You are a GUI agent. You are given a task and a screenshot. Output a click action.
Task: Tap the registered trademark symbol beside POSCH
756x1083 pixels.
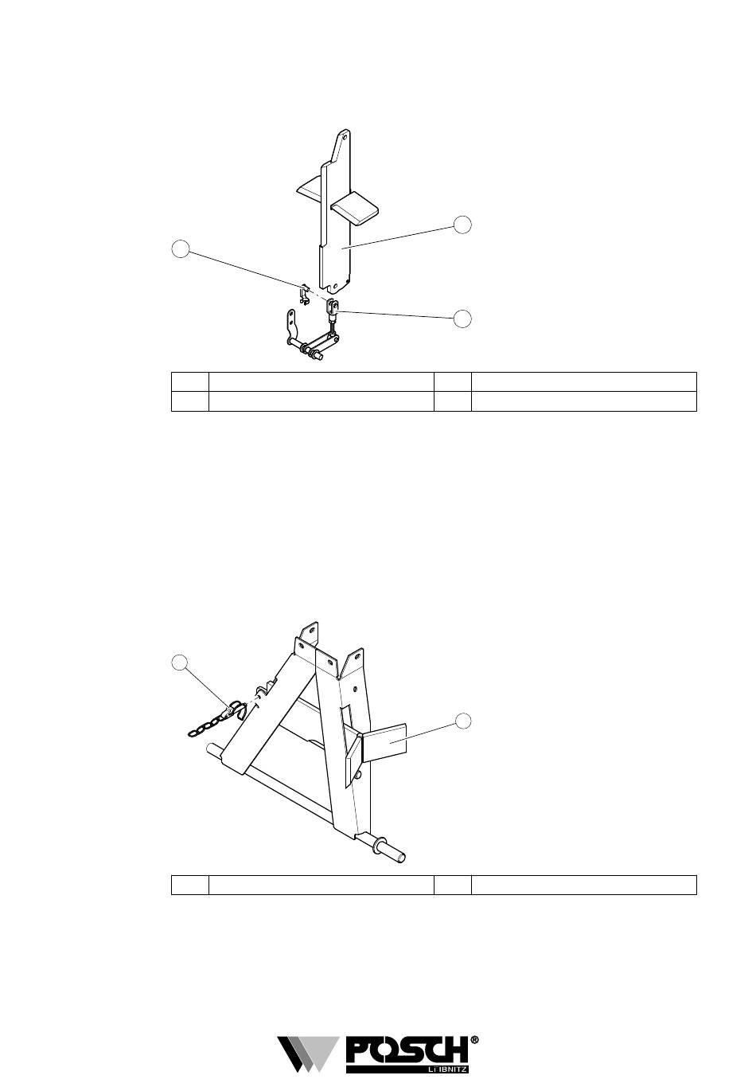tap(475, 1040)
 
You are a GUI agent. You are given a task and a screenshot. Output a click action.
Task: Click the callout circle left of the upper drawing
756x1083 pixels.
tap(181, 249)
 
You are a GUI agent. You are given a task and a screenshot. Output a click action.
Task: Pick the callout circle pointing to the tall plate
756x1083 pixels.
tap(462, 225)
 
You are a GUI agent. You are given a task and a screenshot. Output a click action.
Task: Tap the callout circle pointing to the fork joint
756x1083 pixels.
tap(462, 319)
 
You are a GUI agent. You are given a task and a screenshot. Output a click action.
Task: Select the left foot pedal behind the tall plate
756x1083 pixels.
tap(309, 189)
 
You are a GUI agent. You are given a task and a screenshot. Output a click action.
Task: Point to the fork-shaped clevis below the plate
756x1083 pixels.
tap(333, 307)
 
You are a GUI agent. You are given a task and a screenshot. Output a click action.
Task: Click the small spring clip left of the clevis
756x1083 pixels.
tap(304, 295)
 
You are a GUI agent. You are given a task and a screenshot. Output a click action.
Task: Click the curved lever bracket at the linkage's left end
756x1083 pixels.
tap(290, 325)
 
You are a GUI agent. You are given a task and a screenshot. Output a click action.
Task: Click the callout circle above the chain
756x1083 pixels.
tap(181, 663)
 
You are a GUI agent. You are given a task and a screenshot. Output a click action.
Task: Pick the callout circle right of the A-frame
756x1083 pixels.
tap(462, 721)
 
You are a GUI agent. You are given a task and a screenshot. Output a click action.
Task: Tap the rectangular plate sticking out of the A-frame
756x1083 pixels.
tap(386, 740)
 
